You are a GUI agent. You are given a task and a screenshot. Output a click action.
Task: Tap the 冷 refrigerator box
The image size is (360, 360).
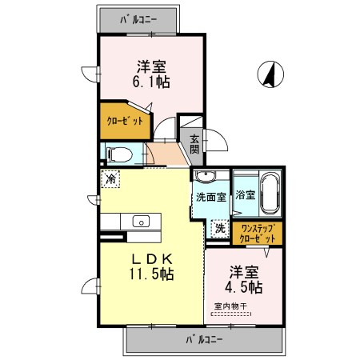coord(110,179)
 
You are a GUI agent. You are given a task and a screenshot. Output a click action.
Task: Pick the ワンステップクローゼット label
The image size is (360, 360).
coord(258,232)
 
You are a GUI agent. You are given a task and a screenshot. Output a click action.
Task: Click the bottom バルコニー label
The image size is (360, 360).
coord(205,339)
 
